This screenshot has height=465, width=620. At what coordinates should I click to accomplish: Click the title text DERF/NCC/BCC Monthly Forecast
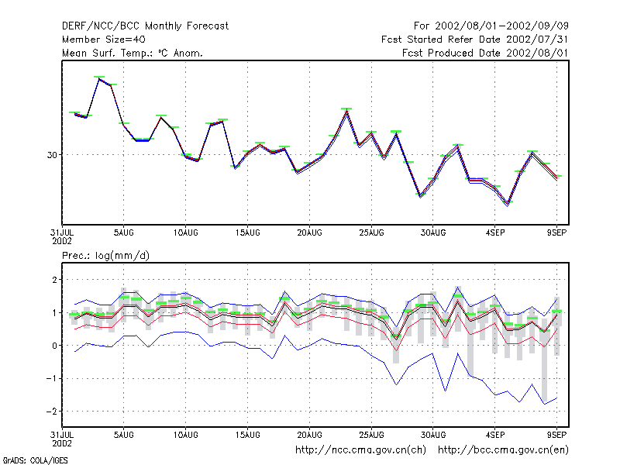click(x=145, y=26)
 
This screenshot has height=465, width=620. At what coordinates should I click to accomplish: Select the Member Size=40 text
click(x=104, y=40)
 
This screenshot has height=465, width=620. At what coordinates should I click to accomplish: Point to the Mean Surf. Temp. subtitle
click(x=132, y=53)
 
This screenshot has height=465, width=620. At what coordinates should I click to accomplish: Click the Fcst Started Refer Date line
click(x=475, y=40)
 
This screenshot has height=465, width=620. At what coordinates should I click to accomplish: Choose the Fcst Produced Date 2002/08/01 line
click(x=485, y=53)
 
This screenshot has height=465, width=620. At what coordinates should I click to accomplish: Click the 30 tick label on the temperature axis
click(x=52, y=155)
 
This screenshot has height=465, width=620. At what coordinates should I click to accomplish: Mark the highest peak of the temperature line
click(x=99, y=79)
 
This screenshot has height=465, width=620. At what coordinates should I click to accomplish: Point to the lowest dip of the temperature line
click(x=508, y=205)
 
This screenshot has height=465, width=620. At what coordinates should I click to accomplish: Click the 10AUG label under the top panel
click(x=185, y=233)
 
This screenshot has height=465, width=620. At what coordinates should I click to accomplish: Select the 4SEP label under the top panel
click(x=495, y=233)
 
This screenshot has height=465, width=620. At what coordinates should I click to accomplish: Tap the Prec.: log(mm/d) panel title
click(x=105, y=256)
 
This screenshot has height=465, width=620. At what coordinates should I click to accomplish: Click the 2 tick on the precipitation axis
click(x=54, y=280)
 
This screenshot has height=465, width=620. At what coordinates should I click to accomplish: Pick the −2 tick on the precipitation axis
click(x=51, y=412)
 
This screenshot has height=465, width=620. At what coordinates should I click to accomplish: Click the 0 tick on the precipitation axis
click(x=54, y=346)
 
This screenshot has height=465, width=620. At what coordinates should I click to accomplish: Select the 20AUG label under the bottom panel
click(x=309, y=435)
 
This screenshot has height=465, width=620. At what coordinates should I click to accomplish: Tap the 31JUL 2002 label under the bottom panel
click(x=62, y=439)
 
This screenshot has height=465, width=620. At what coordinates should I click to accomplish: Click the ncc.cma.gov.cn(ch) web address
click(x=360, y=450)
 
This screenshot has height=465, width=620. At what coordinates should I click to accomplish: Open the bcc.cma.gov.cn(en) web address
click(x=503, y=450)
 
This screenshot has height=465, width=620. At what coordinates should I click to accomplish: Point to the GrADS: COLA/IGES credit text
click(x=35, y=460)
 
